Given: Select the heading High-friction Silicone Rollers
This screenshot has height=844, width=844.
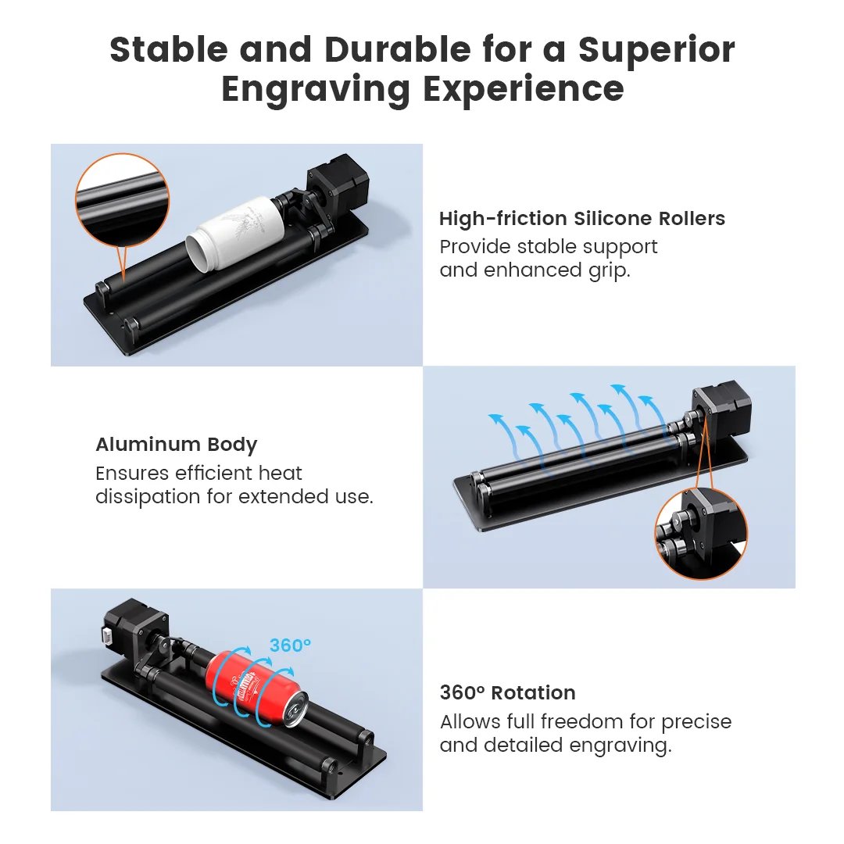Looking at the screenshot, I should [x=582, y=219].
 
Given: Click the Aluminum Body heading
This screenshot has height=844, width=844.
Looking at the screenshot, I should [x=176, y=445].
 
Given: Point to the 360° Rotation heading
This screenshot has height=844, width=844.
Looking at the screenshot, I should [x=507, y=692].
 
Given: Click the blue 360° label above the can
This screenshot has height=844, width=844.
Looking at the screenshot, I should [x=290, y=646].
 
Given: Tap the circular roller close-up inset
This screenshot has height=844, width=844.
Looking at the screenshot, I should [x=121, y=200].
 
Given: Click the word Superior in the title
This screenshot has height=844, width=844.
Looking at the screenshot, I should [x=656, y=50].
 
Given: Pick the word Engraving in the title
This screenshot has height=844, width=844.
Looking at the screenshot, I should [x=316, y=89].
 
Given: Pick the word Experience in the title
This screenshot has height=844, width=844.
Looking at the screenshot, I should [x=524, y=89].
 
